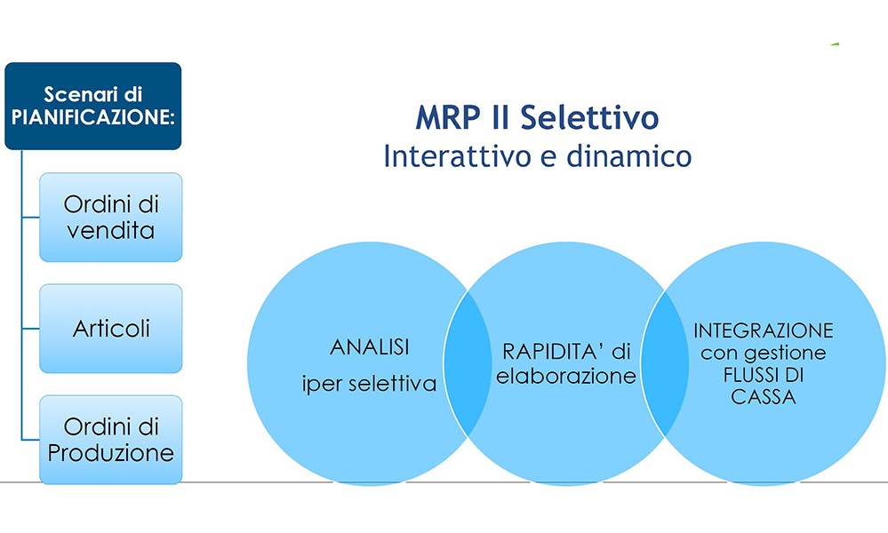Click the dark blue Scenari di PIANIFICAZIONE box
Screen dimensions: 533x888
point(92,106)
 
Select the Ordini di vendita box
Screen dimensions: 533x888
point(110,217)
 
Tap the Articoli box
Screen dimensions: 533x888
point(111,329)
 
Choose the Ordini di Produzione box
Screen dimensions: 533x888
point(111,441)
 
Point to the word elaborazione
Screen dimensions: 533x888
point(566,376)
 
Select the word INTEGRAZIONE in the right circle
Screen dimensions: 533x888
point(764,330)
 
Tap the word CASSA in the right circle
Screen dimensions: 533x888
point(764,398)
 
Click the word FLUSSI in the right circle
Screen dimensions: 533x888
point(746,376)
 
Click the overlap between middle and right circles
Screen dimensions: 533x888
point(659,363)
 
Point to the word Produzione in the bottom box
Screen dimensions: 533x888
point(111,452)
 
